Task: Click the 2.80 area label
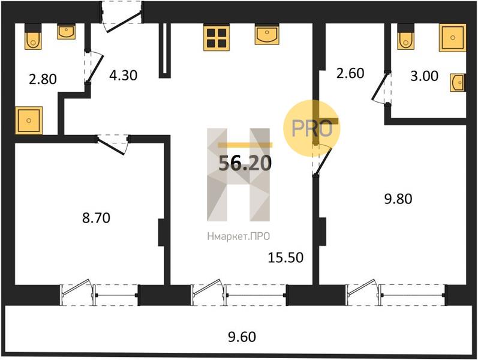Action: point(43,79)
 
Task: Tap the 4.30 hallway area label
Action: point(123,75)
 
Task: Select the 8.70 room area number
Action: point(96,218)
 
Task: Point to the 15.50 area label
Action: point(285,257)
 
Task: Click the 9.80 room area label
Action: point(398,199)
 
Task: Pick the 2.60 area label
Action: point(350,73)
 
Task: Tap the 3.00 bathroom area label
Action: point(425,76)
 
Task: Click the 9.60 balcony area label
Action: point(242,337)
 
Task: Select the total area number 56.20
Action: point(245,163)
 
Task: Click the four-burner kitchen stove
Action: point(217,38)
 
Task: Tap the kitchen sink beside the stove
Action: point(267,34)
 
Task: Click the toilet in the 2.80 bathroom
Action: point(33,37)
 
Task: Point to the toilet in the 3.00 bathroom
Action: point(406,37)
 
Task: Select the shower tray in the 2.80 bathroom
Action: point(29,120)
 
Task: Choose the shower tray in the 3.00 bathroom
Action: point(453,38)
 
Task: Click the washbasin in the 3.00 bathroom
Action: point(458,82)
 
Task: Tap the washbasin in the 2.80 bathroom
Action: point(66,32)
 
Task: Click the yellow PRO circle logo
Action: point(311,128)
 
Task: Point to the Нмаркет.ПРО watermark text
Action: point(238,236)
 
